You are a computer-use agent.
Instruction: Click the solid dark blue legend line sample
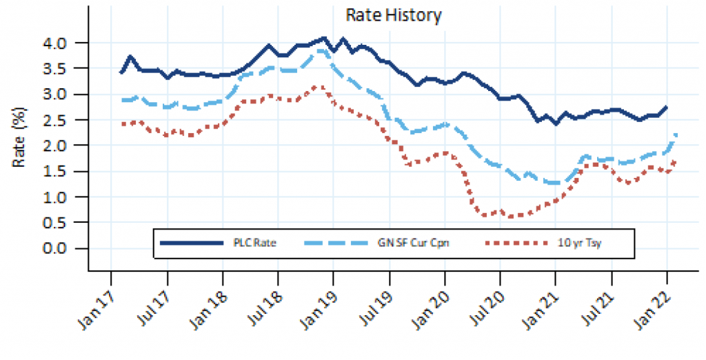(x=191, y=243)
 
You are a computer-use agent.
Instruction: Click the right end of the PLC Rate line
(x=667, y=107)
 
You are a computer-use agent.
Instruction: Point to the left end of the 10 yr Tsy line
(x=122, y=124)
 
